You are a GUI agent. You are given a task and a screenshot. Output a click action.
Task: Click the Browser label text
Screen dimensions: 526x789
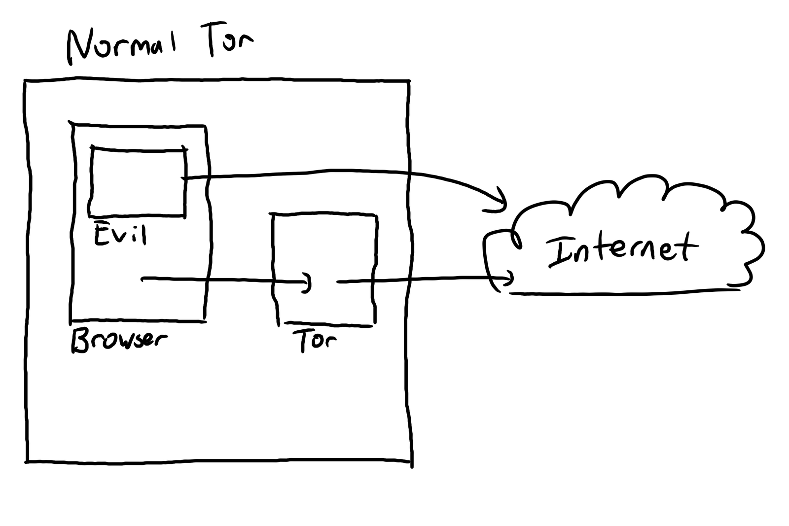point(118,340)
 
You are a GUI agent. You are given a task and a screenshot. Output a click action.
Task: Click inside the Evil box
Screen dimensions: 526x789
point(137,182)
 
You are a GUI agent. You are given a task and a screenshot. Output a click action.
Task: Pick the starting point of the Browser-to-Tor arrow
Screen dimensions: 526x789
point(143,280)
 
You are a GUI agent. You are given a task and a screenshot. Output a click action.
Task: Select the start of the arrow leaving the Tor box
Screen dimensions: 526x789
point(338,281)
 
